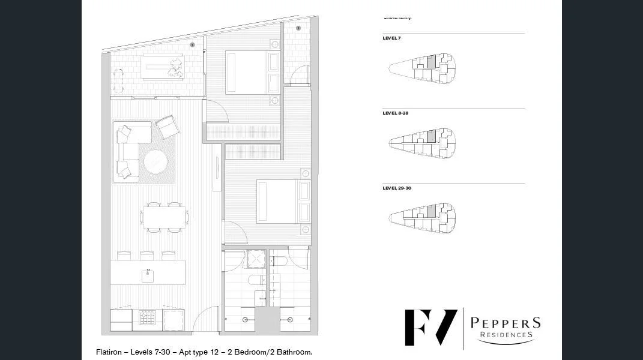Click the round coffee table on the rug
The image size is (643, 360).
point(155,161)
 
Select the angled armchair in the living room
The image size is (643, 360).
point(168,127)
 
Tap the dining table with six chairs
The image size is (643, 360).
point(164,217)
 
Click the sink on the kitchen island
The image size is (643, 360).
point(148,275)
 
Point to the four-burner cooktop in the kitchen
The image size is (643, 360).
point(147,317)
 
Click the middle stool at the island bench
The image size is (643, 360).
point(147,255)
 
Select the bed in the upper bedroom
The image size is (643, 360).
point(252,73)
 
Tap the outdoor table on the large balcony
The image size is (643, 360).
point(162,67)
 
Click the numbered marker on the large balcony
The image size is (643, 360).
point(192,45)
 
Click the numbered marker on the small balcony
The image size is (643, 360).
point(298,28)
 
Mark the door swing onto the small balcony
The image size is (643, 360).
point(300,75)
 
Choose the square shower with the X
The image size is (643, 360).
point(256,259)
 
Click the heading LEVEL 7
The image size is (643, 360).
point(391,38)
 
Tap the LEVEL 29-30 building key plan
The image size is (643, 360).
point(422,218)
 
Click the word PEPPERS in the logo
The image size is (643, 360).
point(505,323)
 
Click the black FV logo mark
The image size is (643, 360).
point(430,327)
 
